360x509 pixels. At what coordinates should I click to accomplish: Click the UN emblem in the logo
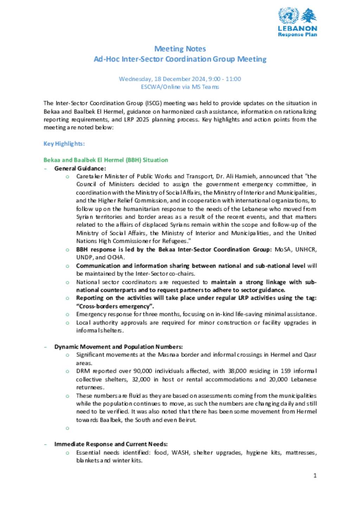pyautogui.click(x=289, y=16)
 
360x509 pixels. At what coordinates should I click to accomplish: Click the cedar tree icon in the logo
pyautogui.click(x=309, y=16)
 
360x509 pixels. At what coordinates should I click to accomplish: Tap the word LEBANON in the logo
pyautogui.click(x=297, y=28)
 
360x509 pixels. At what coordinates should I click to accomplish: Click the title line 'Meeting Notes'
pyautogui.click(x=180, y=49)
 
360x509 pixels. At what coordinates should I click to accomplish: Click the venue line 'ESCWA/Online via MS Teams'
pyautogui.click(x=180, y=87)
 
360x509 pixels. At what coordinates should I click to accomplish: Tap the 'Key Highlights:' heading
pyautogui.click(x=64, y=144)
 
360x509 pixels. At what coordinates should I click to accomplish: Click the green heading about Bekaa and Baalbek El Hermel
pyautogui.click(x=105, y=160)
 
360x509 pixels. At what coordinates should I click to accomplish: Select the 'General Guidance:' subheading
pyautogui.click(x=80, y=168)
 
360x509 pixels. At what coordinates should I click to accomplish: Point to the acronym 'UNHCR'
pyautogui.click(x=306, y=249)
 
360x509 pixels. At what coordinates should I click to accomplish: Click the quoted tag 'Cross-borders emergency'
pyautogui.click(x=115, y=306)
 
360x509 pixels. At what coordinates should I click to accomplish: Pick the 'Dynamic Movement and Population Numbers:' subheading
pyautogui.click(x=118, y=347)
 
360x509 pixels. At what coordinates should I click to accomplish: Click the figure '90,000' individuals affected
pyautogui.click(x=142, y=371)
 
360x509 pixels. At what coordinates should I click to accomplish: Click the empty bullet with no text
pyautogui.click(x=67, y=428)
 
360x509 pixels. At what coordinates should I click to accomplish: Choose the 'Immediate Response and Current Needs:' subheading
pyautogui.click(x=111, y=444)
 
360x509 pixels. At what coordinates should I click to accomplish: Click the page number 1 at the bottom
pyautogui.click(x=315, y=476)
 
